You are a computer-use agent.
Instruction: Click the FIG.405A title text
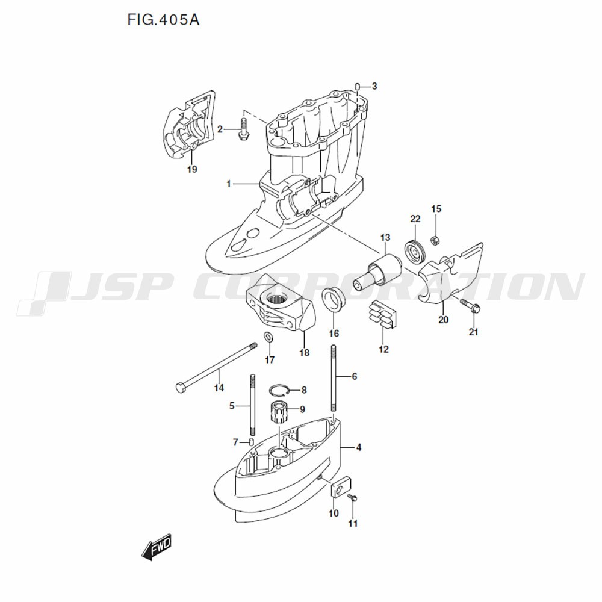pos(164,20)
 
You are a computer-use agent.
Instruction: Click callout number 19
pos(192,169)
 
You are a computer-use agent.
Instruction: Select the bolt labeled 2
pos(243,129)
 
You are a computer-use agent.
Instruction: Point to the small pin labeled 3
pos(357,87)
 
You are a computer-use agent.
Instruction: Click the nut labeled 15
pos(435,240)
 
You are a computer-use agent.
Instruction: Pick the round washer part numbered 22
pos(415,252)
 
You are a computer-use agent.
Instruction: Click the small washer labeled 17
pos(268,338)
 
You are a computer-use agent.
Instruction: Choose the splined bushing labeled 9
pos(279,412)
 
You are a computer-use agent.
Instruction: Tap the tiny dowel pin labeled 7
pos(252,441)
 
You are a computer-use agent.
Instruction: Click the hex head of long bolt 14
pos(179,387)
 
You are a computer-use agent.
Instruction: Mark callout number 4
pos(358,447)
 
